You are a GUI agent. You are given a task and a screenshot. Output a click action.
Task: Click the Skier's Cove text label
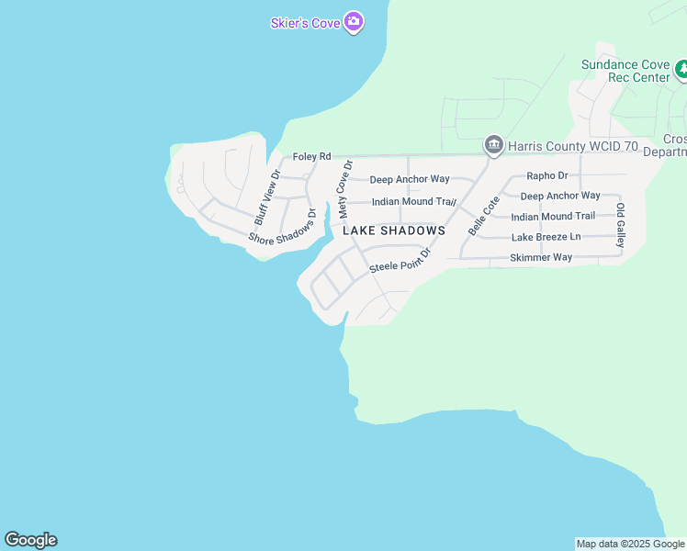click(305, 23)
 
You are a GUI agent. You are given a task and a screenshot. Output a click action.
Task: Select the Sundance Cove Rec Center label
click(625, 71)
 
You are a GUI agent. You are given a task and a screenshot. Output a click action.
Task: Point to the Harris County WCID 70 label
click(573, 145)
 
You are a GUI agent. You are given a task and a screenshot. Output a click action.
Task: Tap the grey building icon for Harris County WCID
click(493, 145)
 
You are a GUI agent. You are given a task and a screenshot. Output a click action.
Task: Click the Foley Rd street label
click(311, 157)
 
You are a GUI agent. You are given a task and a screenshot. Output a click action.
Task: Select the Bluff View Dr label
click(267, 197)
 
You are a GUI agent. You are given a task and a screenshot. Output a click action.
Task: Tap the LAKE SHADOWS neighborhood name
click(394, 231)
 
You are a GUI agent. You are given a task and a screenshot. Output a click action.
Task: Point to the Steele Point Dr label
click(400, 262)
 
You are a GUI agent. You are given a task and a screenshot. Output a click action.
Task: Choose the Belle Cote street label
click(483, 216)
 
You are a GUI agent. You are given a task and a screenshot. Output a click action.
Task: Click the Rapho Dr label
click(547, 175)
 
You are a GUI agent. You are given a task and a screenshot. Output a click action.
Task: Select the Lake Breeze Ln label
click(546, 237)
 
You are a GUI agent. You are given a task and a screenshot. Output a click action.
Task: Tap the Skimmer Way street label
click(541, 257)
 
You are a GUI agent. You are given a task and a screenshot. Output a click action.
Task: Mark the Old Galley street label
click(621, 225)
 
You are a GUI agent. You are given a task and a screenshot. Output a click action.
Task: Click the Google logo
click(30, 540)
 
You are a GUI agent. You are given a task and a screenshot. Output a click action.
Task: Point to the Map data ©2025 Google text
click(630, 544)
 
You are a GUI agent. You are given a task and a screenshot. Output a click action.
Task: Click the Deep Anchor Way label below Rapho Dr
click(559, 196)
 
